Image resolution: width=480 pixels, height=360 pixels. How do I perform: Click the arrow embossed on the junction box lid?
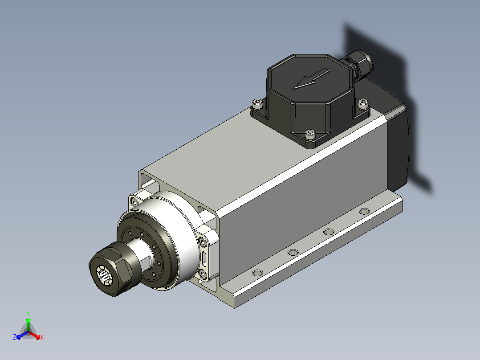click(x=311, y=79)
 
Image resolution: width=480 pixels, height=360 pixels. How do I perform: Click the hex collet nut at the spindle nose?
click(x=111, y=268)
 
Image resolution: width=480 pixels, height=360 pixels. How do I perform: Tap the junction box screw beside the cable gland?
click(x=363, y=104)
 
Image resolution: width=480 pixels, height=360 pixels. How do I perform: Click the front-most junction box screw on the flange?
click(x=310, y=135)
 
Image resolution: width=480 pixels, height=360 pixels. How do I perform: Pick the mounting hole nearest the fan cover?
click(x=364, y=211)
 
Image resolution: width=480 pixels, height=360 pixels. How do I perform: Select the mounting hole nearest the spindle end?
click(x=257, y=273)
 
